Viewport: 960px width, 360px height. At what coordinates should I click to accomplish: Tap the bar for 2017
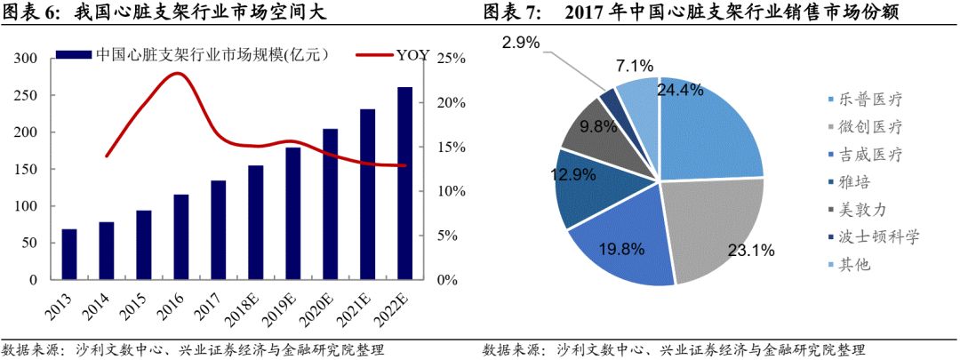click(218, 230)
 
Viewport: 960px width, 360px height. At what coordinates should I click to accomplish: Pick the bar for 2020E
click(330, 204)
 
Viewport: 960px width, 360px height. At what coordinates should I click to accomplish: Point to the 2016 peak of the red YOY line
click(180, 74)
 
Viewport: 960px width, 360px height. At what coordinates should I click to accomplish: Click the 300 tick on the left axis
click(26, 59)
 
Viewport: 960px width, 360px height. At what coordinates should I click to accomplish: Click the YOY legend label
click(412, 55)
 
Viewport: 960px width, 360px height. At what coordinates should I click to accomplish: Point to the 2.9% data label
click(520, 43)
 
